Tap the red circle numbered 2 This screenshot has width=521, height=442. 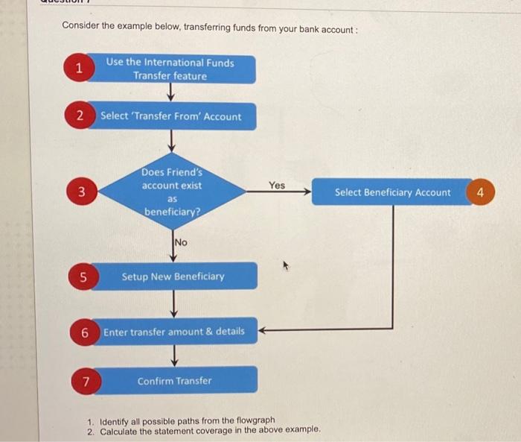click(x=80, y=116)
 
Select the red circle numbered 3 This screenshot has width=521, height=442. click(x=86, y=192)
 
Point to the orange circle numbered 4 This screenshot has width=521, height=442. click(x=481, y=192)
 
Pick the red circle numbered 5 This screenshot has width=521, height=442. click(x=84, y=277)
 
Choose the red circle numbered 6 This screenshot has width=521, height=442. click(x=85, y=332)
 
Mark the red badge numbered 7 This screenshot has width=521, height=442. click(x=86, y=382)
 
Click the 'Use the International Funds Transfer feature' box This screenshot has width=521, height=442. click(x=170, y=69)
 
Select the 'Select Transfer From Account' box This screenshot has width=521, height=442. click(x=172, y=116)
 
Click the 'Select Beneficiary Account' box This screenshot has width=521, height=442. click(x=392, y=192)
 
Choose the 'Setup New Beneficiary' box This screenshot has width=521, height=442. click(x=173, y=277)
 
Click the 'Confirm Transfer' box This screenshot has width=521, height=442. click(x=174, y=381)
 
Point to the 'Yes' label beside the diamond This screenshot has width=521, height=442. click(x=277, y=185)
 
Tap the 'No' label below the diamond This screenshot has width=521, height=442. click(x=181, y=242)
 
